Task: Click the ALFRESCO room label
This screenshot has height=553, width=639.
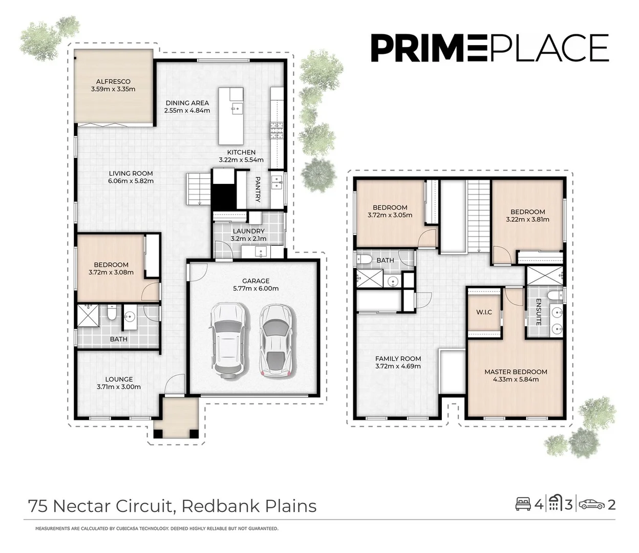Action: click(x=113, y=81)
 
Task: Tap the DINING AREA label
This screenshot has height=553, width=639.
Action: click(x=187, y=103)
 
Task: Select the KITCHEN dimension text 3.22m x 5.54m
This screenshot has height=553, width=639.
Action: click(x=241, y=160)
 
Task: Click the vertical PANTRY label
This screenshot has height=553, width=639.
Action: click(x=258, y=189)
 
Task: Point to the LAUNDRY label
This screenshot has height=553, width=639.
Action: click(x=248, y=231)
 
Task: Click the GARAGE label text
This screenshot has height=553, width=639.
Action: click(x=255, y=281)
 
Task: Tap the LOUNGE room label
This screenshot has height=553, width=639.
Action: click(x=119, y=379)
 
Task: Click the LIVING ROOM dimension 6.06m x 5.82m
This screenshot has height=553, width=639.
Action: click(x=131, y=181)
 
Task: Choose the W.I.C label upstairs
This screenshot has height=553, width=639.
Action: click(x=484, y=312)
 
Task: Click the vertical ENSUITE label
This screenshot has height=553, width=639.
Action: click(x=539, y=312)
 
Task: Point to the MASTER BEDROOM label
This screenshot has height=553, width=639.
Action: click(x=516, y=372)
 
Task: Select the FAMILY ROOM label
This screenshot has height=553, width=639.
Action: click(x=398, y=359)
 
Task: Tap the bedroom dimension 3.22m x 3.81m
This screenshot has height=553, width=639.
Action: click(x=527, y=219)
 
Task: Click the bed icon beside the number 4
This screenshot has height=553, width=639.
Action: click(x=523, y=504)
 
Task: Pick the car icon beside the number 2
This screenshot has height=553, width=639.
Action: click(x=591, y=504)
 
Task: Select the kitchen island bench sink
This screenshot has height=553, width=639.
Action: click(x=237, y=108)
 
